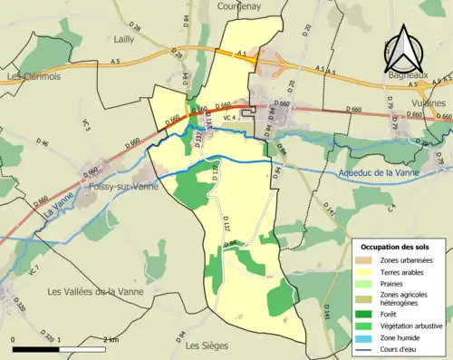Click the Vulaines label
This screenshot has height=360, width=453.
[x=430, y=103]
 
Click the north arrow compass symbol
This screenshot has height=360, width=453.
[x=406, y=49]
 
